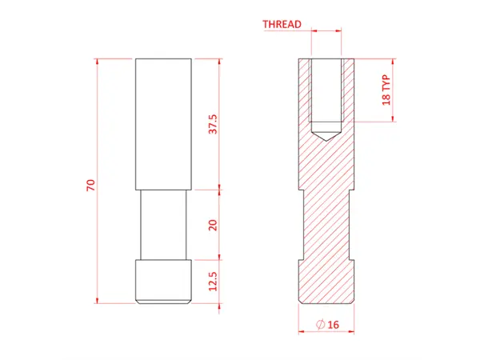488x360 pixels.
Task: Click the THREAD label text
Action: pyautogui.click(x=282, y=24)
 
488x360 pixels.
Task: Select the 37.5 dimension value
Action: pyautogui.click(x=213, y=124)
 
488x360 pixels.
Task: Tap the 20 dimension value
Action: pyautogui.click(x=213, y=225)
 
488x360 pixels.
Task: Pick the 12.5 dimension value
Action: pyautogui.click(x=213, y=282)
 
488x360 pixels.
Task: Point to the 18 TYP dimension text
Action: pyautogui.click(x=386, y=90)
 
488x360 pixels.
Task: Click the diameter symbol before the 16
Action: pyautogui.click(x=319, y=325)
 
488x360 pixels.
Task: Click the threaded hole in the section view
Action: pyautogui.click(x=325, y=92)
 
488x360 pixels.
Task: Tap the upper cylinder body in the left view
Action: pyautogui.click(x=163, y=124)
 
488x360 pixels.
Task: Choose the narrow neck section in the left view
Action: pyautogui.click(x=163, y=225)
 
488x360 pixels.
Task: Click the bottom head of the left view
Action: pyautogui.click(x=163, y=282)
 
